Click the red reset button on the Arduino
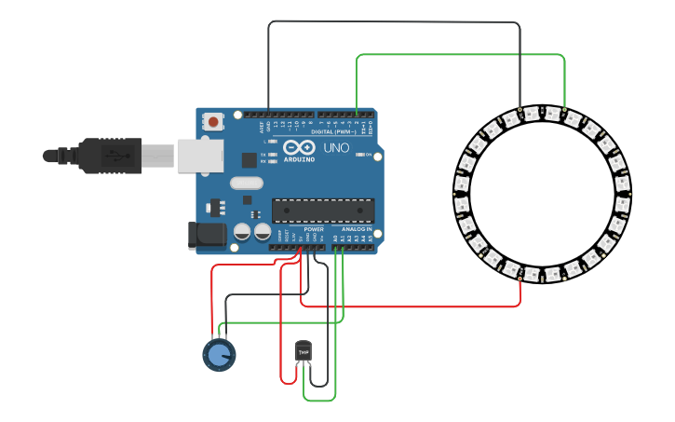pos(213,121)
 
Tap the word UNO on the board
pos(335,148)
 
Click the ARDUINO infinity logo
pos(299,148)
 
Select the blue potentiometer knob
pos(219,355)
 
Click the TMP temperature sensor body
pos(303,350)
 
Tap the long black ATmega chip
pos(323,211)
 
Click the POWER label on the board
pos(314,229)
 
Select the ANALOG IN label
pos(357,229)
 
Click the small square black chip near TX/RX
pos(249,159)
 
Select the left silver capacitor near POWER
pos(242,231)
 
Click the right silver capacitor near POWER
pos(263,231)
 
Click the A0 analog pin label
pos(335,238)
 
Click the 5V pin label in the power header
pos(301,238)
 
